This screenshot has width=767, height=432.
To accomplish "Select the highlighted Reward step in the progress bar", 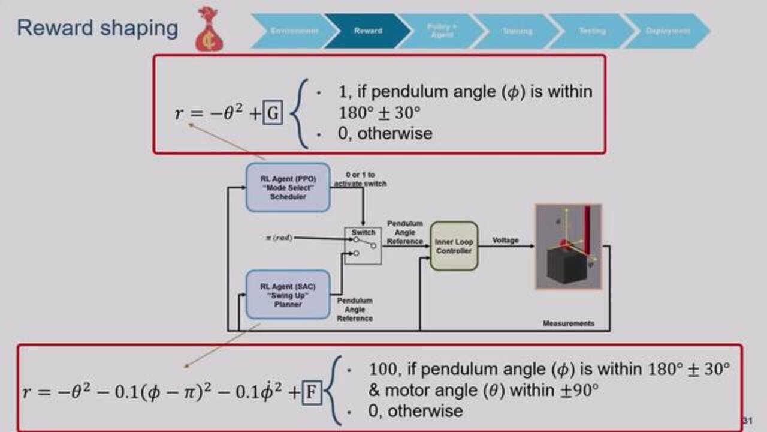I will click(x=367, y=31).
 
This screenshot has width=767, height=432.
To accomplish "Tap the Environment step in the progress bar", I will click(x=294, y=31).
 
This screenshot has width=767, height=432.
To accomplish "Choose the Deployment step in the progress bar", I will click(x=668, y=31).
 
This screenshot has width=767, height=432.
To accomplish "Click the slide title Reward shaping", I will click(x=97, y=28).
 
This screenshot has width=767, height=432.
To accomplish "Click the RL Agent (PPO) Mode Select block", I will click(x=288, y=187).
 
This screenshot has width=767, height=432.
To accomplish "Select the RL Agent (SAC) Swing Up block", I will click(x=288, y=295).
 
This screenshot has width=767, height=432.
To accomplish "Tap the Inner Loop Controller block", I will click(x=454, y=246).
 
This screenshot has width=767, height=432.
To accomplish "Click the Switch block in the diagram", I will click(x=363, y=246).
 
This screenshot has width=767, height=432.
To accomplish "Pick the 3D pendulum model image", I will click(x=568, y=247).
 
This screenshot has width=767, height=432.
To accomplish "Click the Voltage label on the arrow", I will click(x=505, y=241).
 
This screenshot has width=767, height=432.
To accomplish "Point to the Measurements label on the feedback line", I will click(x=569, y=323).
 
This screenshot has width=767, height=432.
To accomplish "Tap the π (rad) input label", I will click(x=279, y=238).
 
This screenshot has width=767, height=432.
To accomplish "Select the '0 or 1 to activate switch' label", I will click(x=360, y=179).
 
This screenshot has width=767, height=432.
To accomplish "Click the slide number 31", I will click(x=747, y=421).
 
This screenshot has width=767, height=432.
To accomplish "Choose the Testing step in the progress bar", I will click(x=592, y=31).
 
